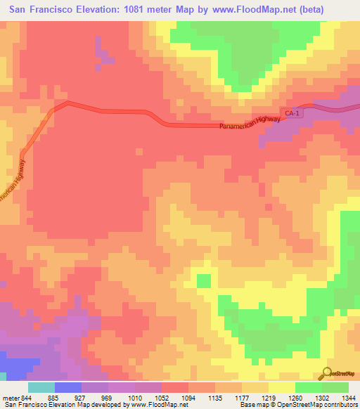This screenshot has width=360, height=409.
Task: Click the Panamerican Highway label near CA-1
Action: (250, 123)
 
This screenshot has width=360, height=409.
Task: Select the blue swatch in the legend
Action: (68, 387)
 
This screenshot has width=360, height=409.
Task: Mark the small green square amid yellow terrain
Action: (203, 281)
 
